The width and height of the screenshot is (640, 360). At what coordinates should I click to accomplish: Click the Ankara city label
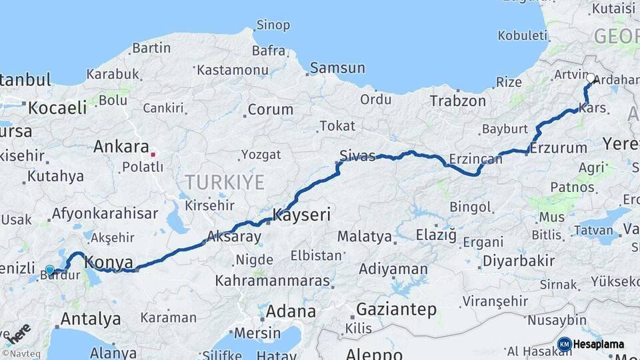click(121, 147)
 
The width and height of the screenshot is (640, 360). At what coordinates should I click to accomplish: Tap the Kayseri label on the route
click(301, 215)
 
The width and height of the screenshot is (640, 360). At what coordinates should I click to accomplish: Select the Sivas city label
click(357, 156)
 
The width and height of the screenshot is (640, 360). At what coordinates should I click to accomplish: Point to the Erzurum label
click(559, 148)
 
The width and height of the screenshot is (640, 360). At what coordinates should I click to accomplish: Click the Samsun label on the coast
click(338, 67)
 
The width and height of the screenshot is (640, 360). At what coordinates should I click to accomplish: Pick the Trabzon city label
click(458, 101)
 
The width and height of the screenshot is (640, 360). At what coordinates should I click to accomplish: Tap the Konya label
click(109, 262)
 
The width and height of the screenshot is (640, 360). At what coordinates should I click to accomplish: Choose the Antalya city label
click(90, 319)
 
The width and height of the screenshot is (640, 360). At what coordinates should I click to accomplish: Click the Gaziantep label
click(396, 309)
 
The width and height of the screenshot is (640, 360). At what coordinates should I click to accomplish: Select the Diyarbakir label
click(518, 261)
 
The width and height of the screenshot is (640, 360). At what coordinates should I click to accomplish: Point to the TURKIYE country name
click(225, 182)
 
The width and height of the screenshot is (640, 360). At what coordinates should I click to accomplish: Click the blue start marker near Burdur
click(49, 270)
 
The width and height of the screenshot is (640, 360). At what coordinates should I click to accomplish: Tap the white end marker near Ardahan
click(590, 78)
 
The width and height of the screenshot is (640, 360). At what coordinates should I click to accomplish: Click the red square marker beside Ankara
click(153, 154)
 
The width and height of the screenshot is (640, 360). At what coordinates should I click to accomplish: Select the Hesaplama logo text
click(599, 345)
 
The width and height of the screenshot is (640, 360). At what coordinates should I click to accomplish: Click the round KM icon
click(565, 344)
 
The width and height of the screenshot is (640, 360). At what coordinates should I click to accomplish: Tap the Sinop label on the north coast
click(273, 25)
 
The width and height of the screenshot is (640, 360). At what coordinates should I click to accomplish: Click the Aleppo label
click(374, 354)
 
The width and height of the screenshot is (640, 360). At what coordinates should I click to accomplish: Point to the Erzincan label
click(475, 159)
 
